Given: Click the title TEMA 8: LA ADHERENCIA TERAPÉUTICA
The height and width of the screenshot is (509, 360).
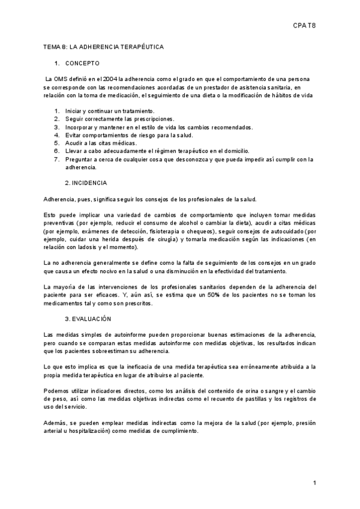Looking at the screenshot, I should [x=104, y=46].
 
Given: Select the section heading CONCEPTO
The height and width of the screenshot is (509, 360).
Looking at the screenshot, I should [x=83, y=63].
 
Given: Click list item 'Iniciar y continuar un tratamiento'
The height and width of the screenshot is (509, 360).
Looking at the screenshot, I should [x=110, y=111].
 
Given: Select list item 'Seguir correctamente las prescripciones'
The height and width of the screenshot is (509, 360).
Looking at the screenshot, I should [x=119, y=119].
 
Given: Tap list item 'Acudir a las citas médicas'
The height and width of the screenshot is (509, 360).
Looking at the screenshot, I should [x=105, y=143].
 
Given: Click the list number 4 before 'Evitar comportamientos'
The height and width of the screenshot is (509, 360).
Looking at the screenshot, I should [x=56, y=135].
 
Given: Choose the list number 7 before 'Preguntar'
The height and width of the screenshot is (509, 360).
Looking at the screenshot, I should [x=56, y=159].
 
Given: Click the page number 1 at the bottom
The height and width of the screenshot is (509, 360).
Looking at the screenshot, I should [x=314, y=483].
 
